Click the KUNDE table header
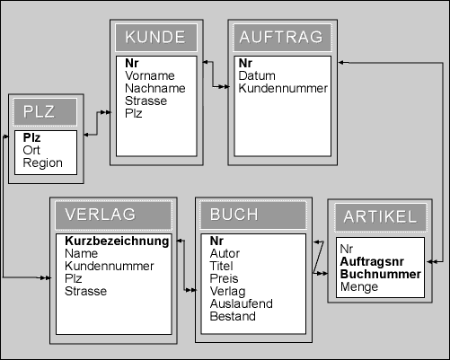point(155,37)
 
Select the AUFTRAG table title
point(281,37)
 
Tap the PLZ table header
point(39,111)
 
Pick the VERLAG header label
point(101,215)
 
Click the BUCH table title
point(234,215)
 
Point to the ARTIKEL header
point(380,216)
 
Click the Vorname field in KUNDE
point(150,75)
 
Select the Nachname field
point(155,88)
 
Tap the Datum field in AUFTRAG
point(257,75)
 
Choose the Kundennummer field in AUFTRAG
point(283,88)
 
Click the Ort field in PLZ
point(31,150)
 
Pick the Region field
point(43,163)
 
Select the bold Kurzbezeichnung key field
point(117,241)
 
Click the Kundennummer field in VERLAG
point(110,266)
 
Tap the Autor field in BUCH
point(225,253)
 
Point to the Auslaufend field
point(242,303)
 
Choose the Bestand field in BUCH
point(233,316)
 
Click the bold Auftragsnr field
point(372,261)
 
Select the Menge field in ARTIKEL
point(359,286)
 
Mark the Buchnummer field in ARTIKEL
point(381,274)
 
